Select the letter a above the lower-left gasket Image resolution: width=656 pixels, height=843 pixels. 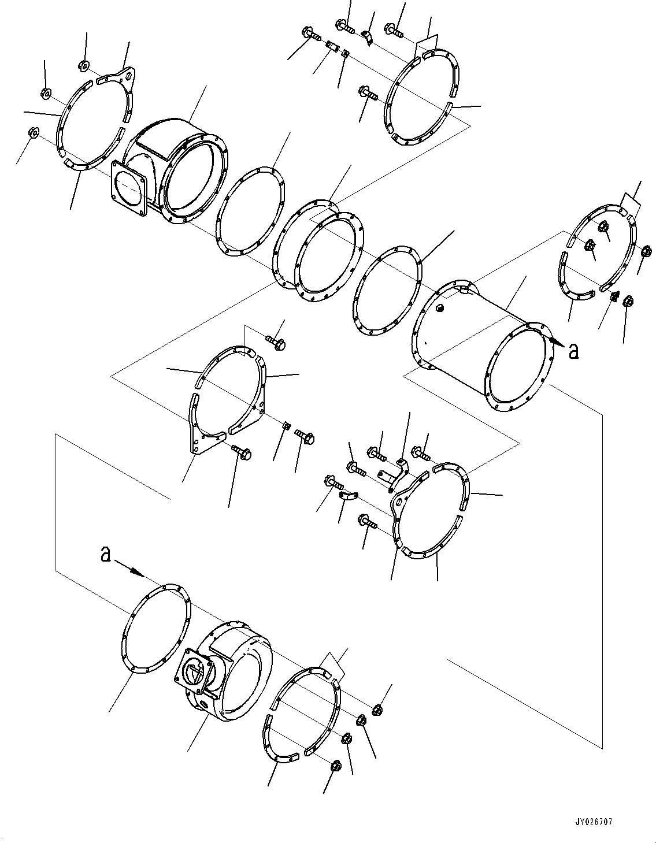coord(106,554)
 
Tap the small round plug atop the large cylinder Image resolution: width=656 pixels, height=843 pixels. coord(439,308)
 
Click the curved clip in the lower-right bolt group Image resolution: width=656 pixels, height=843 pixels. coord(349,495)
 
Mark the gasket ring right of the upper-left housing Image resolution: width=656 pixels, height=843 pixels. coord(251,211)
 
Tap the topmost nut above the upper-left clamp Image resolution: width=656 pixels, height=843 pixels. coord(83,65)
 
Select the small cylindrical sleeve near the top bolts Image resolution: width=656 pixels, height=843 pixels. coord(332,47)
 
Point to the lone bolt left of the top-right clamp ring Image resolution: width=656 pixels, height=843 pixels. coord(367,93)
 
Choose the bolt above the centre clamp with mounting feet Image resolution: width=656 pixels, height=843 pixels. coord(276,342)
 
